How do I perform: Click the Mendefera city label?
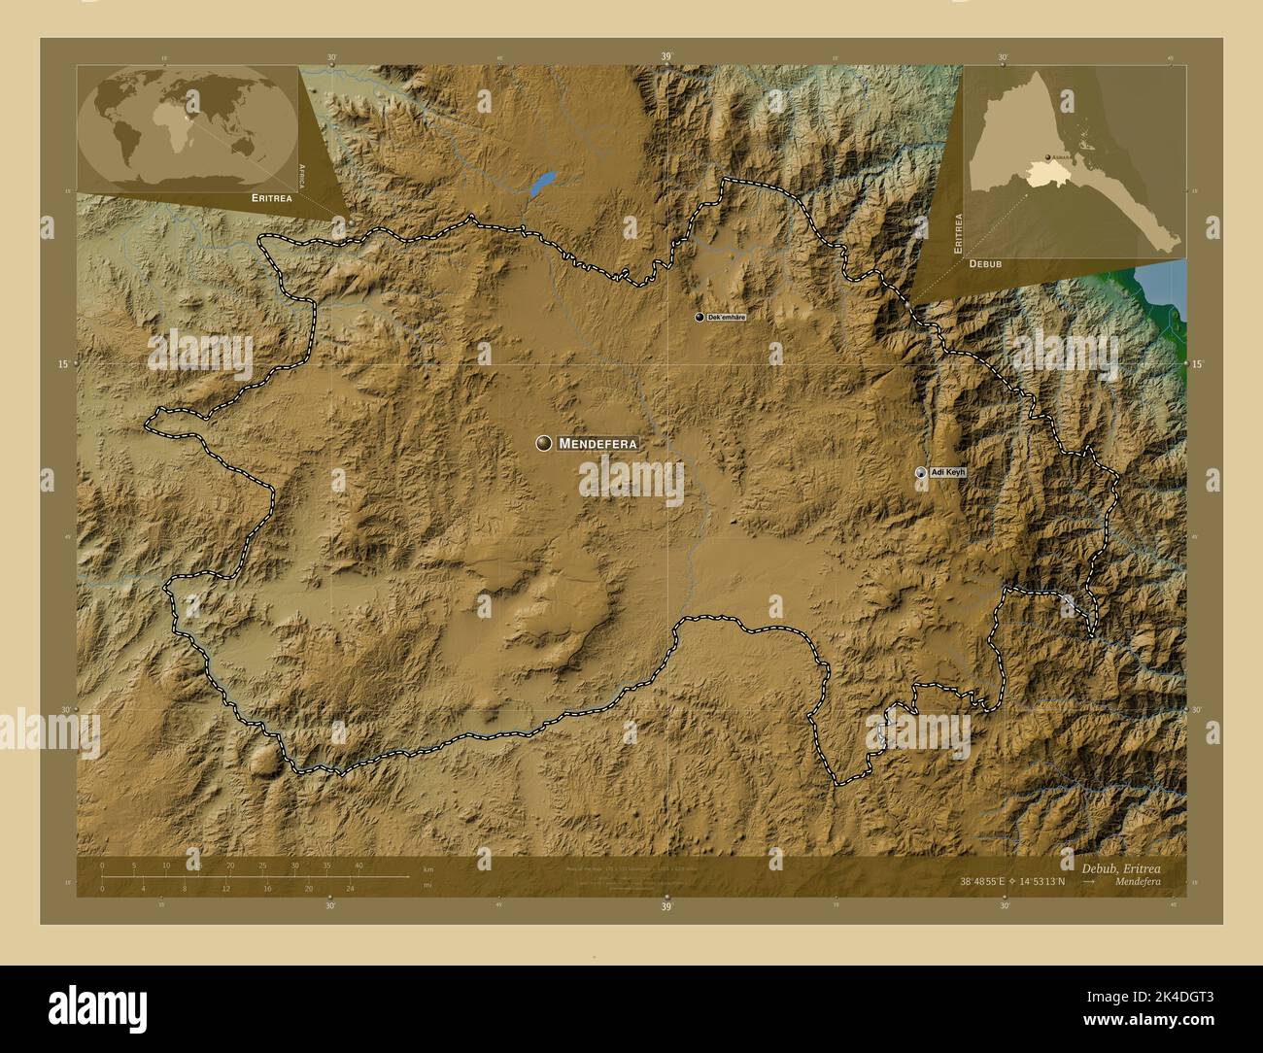[x=598, y=444]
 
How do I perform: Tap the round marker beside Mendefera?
[x=544, y=443]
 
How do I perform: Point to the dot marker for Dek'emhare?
[x=699, y=318]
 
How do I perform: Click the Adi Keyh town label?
[x=949, y=472]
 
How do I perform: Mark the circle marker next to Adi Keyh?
[x=920, y=472]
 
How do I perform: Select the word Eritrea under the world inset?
[x=271, y=197]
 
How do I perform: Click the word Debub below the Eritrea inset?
[x=985, y=263]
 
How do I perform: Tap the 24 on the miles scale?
[x=351, y=888]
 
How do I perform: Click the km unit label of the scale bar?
[x=427, y=868]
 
